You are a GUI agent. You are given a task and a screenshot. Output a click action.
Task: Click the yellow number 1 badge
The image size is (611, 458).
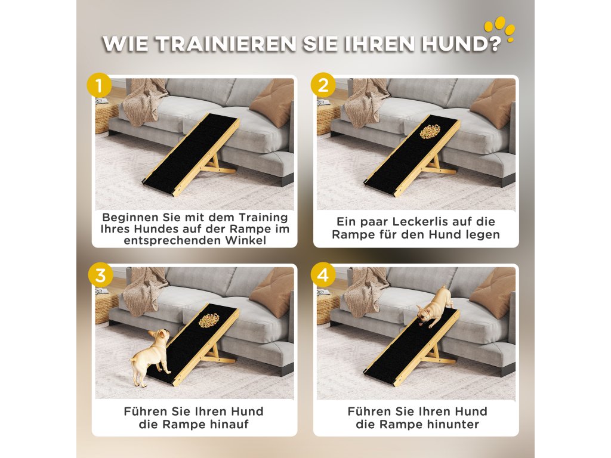click(x=100, y=85)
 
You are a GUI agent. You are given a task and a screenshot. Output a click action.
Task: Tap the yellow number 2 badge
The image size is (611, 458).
click(x=323, y=85)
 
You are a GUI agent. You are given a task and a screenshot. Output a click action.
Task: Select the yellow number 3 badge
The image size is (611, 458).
click(x=100, y=275)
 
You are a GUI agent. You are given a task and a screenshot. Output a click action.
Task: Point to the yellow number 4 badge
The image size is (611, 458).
click(x=323, y=275)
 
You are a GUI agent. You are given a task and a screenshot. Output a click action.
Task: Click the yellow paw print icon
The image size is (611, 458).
click(x=499, y=28)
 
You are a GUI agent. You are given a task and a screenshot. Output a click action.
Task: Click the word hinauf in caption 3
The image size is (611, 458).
click(x=229, y=424)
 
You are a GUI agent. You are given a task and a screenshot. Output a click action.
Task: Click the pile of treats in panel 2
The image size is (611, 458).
click(x=430, y=131)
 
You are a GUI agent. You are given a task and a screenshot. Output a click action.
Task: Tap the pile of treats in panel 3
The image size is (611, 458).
click(x=209, y=320)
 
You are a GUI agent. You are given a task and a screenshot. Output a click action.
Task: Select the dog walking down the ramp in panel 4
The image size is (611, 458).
click(x=433, y=307)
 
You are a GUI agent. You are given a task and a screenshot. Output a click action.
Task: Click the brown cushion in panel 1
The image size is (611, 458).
click(x=272, y=103)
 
